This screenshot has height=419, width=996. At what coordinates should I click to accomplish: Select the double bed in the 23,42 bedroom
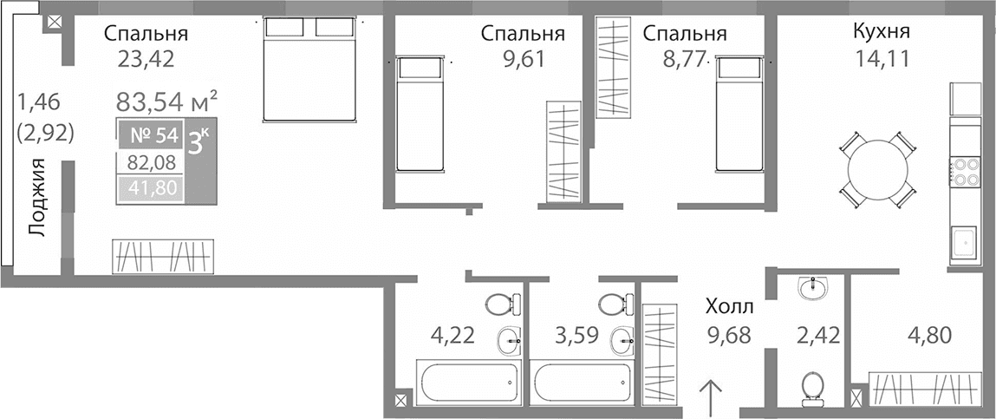[310, 69]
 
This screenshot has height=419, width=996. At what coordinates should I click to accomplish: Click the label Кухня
[881, 33]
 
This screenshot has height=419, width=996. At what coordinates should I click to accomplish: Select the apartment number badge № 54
[148, 135]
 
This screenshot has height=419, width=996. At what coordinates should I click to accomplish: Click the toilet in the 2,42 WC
[813, 387]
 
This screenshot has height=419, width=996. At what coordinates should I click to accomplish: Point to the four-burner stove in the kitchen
[965, 172]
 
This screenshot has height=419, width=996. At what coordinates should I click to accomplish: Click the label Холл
[729, 306]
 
